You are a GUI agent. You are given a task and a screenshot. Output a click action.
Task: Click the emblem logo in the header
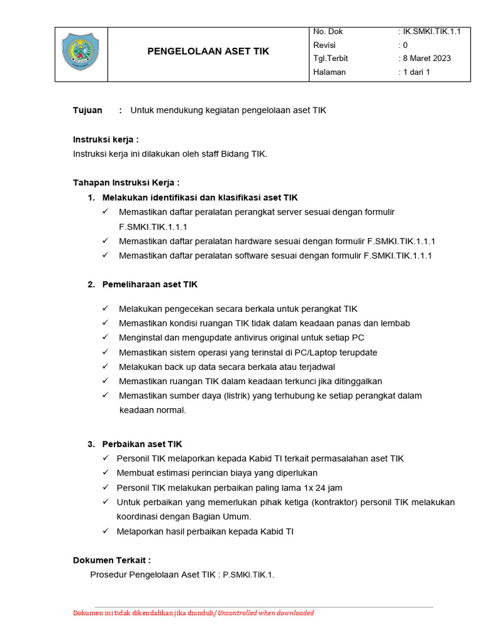click(x=80, y=53)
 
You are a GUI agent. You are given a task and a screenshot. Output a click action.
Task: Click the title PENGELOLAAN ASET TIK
click(x=208, y=52)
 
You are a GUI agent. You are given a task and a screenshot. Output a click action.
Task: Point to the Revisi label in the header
click(x=325, y=45)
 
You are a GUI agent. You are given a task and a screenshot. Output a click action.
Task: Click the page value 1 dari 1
click(x=416, y=72)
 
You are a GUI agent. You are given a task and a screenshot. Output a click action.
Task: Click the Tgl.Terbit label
click(x=330, y=58)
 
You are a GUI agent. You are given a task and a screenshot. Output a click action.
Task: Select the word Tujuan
click(x=87, y=110)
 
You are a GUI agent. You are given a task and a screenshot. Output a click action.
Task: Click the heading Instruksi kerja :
click(x=106, y=140)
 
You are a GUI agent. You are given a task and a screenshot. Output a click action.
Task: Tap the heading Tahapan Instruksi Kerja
click(x=126, y=183)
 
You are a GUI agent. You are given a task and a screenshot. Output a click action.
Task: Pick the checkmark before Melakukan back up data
click(x=105, y=366)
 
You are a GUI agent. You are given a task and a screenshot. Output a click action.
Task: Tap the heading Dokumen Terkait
click(x=111, y=560)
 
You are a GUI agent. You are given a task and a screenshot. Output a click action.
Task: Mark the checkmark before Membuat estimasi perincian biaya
click(x=105, y=473)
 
